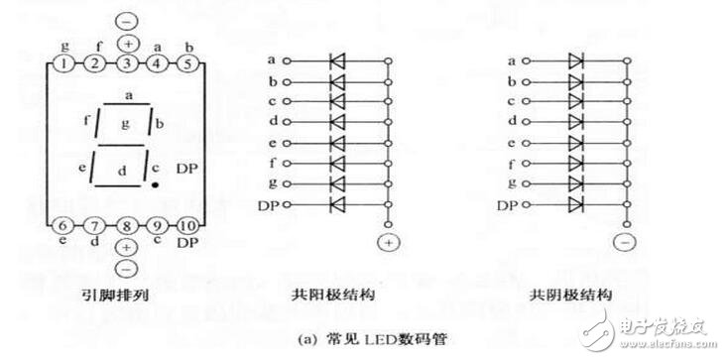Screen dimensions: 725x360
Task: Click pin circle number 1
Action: click(x=62, y=64)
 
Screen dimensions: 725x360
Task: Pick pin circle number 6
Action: click(x=62, y=225)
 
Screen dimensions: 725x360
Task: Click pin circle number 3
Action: click(x=128, y=64)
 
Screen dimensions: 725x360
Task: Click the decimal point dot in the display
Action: click(x=156, y=184)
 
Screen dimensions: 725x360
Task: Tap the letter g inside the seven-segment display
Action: click(x=124, y=123)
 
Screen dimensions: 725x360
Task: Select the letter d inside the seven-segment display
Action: click(x=124, y=170)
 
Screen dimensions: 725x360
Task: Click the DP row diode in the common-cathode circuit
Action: click(x=575, y=205)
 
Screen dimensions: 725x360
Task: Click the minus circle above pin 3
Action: click(x=128, y=20)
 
